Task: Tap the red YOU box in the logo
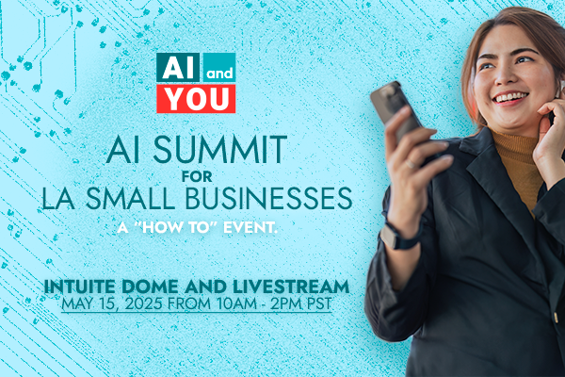[196, 97]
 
